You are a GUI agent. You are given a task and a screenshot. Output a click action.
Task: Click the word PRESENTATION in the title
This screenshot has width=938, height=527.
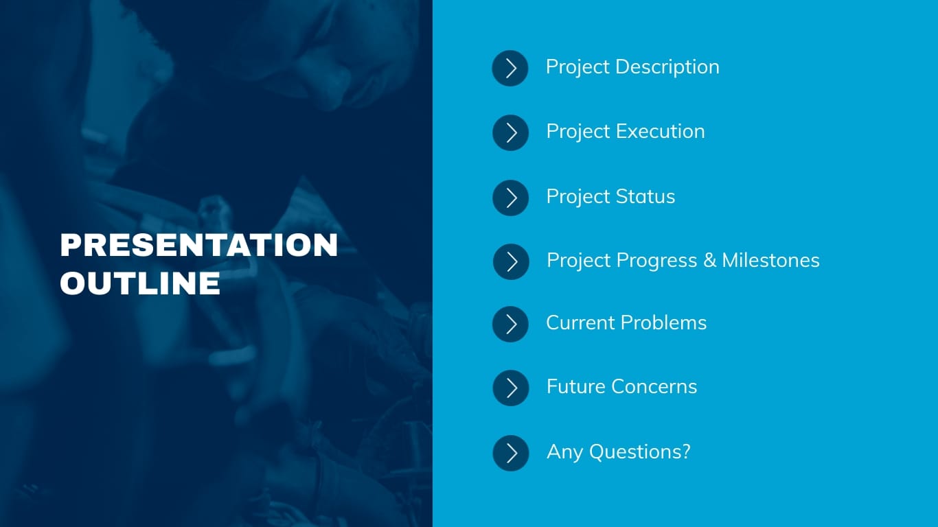199,245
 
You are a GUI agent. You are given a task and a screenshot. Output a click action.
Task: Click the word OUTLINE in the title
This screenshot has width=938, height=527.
140,283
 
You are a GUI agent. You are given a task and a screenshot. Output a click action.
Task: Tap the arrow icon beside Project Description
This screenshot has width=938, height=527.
510,68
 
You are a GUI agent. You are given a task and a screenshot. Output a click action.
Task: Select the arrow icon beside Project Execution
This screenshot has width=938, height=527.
511,132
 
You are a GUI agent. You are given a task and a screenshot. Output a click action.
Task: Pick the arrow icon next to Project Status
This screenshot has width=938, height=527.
511,198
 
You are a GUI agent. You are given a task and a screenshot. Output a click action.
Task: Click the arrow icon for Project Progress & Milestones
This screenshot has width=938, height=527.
512,261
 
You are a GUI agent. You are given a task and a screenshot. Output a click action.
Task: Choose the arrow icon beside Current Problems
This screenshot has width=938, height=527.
511,324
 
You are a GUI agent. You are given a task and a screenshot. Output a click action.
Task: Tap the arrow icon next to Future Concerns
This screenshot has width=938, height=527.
511,388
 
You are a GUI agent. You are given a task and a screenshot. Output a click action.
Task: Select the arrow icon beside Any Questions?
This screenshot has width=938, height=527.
511,453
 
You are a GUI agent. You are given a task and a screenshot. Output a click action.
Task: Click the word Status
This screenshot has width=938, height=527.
645,197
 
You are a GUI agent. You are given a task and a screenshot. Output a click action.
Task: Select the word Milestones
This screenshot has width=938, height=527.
770,261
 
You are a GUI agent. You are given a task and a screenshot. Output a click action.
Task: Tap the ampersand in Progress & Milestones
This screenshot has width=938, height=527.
709,261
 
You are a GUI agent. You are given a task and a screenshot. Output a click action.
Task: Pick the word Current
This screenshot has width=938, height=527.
581,323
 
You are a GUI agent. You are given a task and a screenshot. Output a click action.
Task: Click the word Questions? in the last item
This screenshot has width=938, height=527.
639,452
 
